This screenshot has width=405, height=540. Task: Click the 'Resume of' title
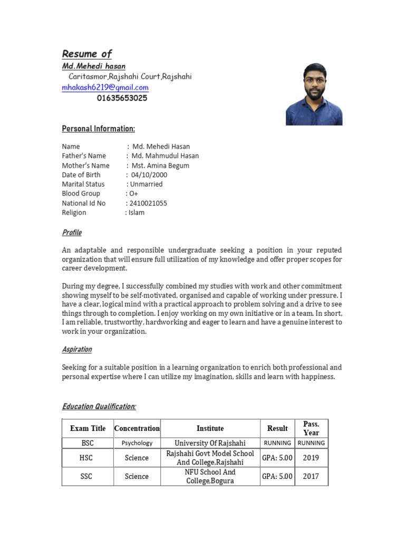87,54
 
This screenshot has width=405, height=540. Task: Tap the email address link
105,88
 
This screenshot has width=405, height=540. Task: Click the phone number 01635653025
122,98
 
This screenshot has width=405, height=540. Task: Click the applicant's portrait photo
314,94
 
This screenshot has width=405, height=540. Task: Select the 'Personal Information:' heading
99,129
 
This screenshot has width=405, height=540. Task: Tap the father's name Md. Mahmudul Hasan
165,156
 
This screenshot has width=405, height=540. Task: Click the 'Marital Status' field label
83,184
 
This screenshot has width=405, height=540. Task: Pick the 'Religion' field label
74,213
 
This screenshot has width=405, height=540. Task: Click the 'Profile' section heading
72,233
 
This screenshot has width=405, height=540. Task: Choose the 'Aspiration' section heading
77,350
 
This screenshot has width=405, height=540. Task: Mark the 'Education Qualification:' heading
99,407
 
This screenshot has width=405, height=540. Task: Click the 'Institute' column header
210,428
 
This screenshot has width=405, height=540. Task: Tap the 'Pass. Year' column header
311,428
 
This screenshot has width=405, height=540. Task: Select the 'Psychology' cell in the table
137,443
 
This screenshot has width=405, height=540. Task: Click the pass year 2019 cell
311,458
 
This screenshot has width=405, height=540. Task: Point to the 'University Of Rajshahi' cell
210,443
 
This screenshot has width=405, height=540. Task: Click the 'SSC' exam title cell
86,476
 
